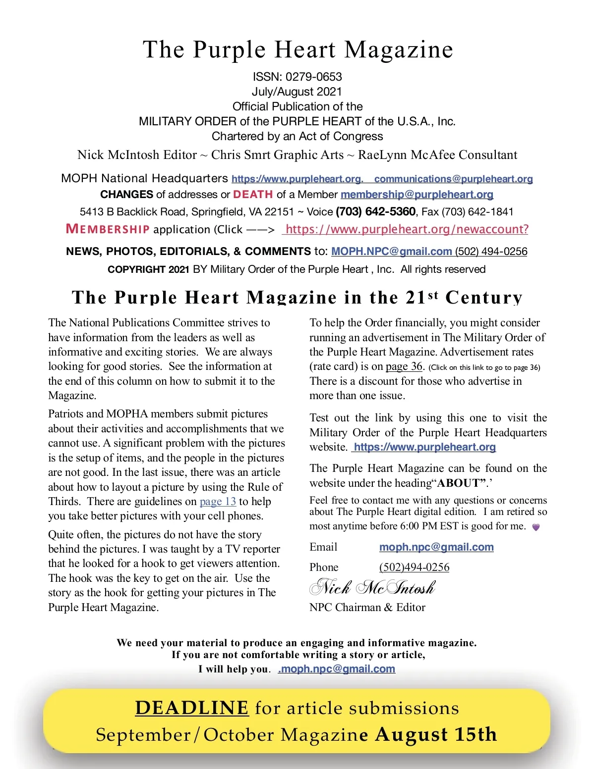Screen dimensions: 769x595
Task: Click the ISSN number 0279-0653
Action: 313,77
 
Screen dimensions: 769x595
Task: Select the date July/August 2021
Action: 297,92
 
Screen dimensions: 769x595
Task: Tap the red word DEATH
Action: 253,194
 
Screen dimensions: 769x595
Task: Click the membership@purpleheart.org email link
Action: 416,195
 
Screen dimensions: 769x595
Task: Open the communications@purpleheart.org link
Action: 453,179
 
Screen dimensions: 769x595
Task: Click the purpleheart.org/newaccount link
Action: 407,229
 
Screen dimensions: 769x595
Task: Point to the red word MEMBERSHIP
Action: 108,229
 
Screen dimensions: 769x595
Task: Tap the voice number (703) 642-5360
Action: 375,212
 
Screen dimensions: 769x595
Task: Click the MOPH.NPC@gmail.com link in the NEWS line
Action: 391,252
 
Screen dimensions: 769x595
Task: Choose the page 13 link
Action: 218,502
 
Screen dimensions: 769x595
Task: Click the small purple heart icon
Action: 535,527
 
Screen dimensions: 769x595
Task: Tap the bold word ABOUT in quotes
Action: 461,483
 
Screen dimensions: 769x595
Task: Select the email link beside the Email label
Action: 436,547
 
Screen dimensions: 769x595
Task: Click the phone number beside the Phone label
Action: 414,567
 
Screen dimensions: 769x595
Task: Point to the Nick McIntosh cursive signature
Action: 372,588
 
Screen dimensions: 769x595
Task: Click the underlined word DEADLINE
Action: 191,708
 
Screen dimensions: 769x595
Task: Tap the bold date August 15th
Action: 436,734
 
